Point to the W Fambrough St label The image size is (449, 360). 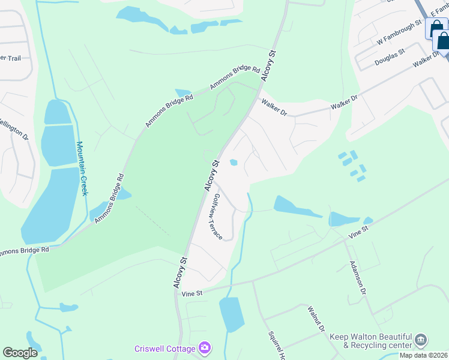(400, 35)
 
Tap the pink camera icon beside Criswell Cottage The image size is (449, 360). (205, 348)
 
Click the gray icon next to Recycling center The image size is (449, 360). (421, 341)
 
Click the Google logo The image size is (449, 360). (20, 353)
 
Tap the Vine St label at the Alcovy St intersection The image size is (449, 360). (194, 293)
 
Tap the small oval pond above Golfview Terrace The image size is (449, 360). (234, 162)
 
